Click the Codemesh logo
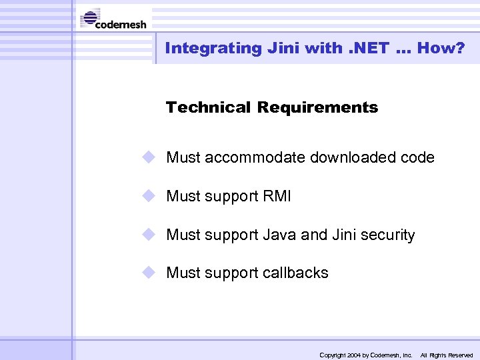(x=113, y=19)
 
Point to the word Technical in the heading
(x=208, y=107)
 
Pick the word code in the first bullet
(x=418, y=158)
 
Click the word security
(x=387, y=235)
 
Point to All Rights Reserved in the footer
(x=446, y=355)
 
